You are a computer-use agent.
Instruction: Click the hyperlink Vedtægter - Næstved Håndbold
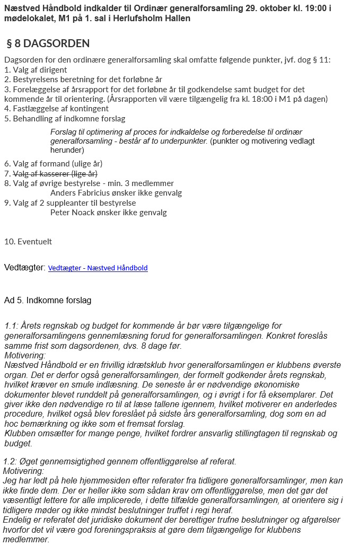[98, 268]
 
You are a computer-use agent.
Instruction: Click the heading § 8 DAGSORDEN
[48, 43]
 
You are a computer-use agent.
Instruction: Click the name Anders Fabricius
[82, 193]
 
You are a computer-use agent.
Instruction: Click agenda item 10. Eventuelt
[28, 241]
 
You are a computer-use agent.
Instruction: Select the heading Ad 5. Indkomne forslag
[48, 301]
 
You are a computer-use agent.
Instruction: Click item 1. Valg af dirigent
[36, 69]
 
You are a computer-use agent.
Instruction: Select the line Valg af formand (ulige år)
[53, 164]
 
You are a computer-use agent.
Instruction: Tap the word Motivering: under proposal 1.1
[25, 355]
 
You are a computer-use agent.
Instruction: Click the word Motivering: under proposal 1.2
[24, 471]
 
